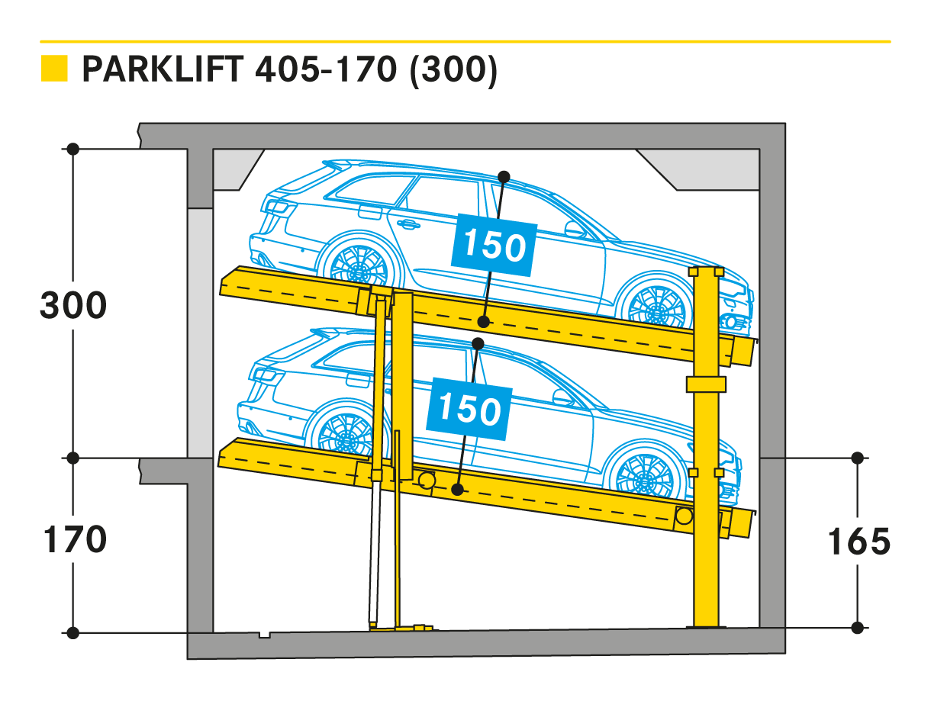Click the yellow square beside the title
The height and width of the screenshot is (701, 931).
(x=54, y=68)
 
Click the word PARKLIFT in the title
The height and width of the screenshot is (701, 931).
(x=163, y=69)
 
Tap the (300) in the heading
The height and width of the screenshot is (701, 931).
(x=453, y=70)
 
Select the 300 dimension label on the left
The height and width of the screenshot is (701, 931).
(x=73, y=305)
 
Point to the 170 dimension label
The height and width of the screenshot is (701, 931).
(x=75, y=539)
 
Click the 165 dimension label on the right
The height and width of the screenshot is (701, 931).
(x=859, y=542)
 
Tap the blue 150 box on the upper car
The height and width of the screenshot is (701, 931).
(x=494, y=246)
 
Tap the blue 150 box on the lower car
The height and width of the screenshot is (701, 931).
(x=469, y=410)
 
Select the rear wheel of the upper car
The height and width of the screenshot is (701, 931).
(x=359, y=265)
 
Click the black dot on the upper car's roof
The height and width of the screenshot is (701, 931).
(x=504, y=177)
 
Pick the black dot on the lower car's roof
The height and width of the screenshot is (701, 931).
(x=478, y=344)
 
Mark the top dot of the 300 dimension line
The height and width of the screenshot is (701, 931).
(x=73, y=150)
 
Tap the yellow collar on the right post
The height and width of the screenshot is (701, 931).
(x=706, y=384)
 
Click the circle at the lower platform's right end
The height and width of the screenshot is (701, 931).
(x=684, y=516)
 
